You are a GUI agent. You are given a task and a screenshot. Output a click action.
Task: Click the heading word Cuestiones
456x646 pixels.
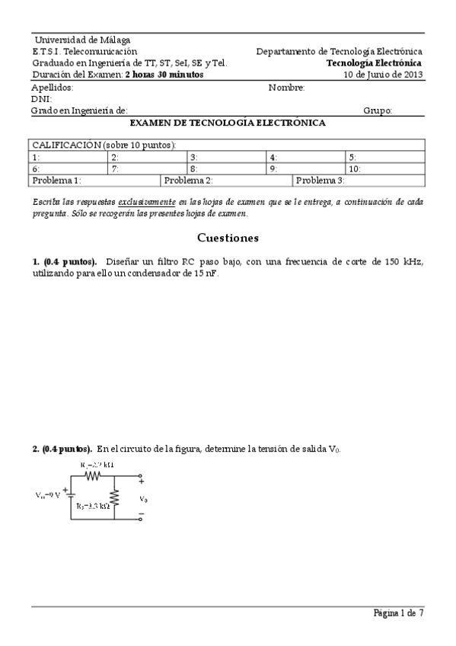pos(228,238)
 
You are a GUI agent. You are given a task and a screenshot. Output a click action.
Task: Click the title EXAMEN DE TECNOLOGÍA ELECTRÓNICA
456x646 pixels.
pos(228,123)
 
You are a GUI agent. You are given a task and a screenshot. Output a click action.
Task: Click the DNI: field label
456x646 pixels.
pos(41,99)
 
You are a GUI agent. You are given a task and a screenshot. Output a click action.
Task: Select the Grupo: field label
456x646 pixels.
pos(378,110)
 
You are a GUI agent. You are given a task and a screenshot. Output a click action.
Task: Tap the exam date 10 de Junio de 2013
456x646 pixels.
pos(383,75)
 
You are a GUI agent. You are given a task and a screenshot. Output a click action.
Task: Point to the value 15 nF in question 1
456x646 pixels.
pos(203,273)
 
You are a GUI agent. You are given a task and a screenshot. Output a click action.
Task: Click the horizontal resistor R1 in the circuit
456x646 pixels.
pos(93,475)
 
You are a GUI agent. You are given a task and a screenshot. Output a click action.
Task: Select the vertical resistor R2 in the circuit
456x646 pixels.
pos(114,500)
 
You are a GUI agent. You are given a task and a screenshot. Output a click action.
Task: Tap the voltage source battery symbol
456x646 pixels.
pos(71,494)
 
